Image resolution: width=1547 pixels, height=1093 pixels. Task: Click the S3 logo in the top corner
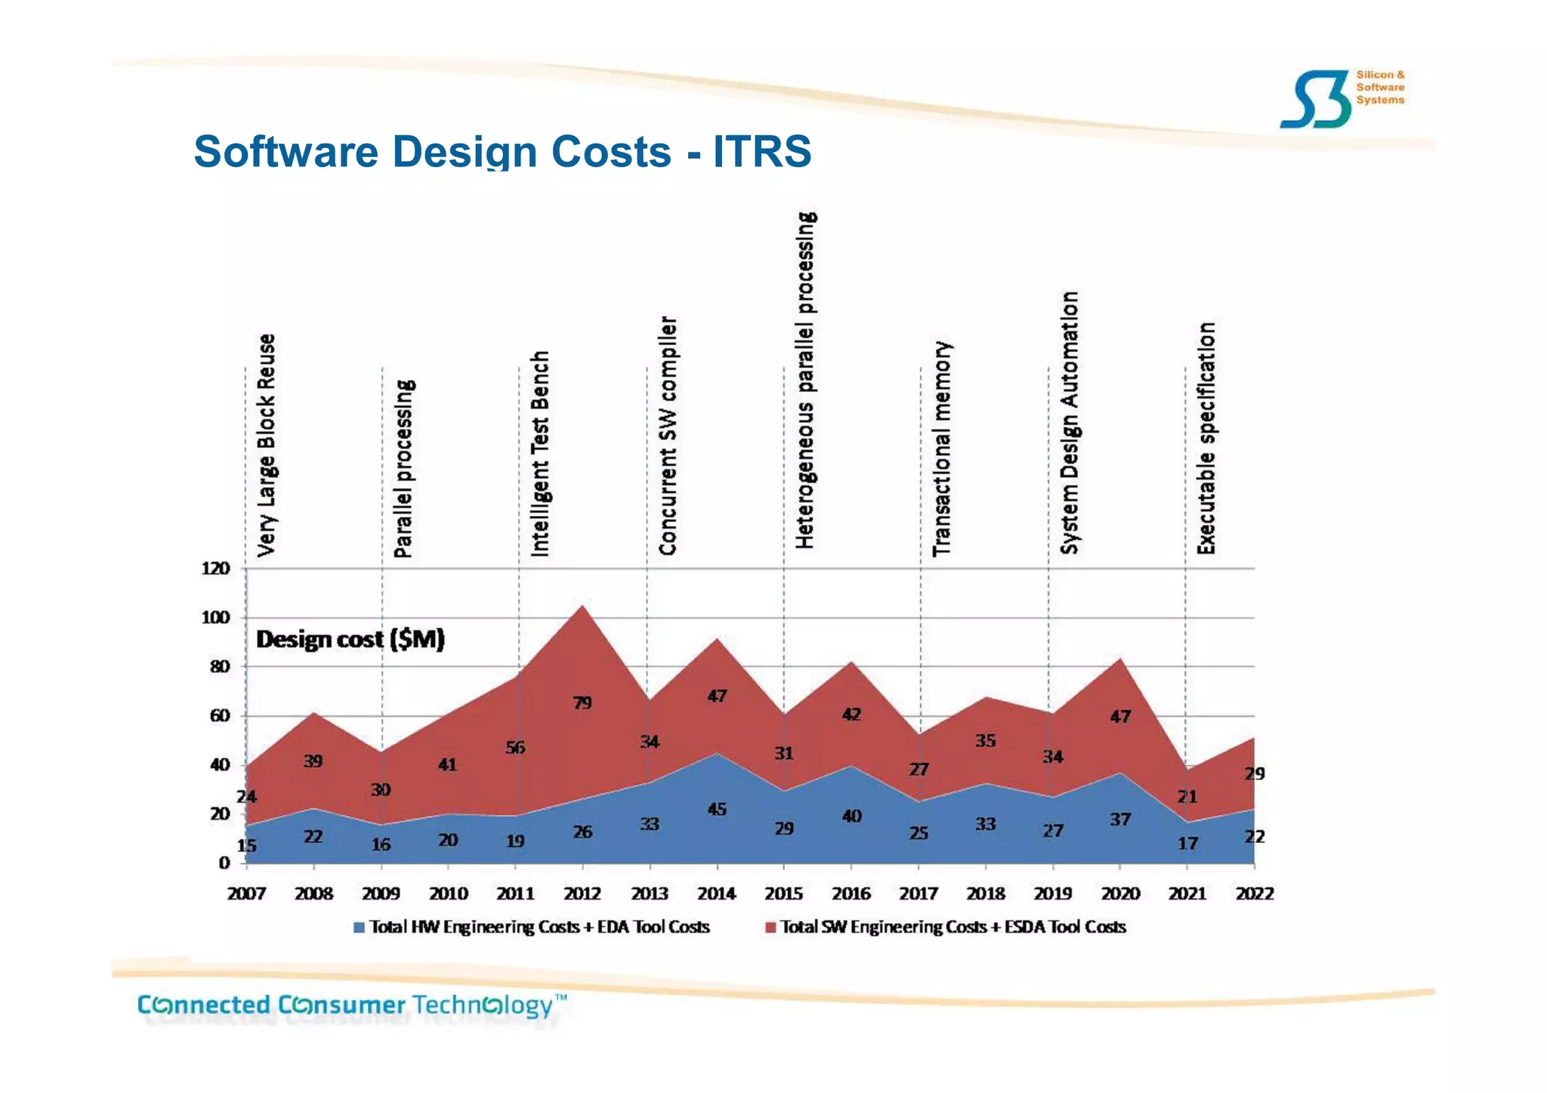(x=1315, y=100)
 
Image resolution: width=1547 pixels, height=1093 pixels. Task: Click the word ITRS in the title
(x=761, y=151)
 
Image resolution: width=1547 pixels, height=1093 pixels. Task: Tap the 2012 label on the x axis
(x=582, y=894)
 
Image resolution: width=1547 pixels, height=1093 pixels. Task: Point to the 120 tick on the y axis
(x=215, y=568)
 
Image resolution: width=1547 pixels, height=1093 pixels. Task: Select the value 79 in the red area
(x=582, y=703)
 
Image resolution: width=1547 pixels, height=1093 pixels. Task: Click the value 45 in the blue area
(x=716, y=809)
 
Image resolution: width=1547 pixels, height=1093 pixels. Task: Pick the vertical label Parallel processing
(x=403, y=468)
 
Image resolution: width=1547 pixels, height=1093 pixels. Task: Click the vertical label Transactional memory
(x=942, y=449)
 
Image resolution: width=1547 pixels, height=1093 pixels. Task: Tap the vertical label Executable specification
(x=1206, y=438)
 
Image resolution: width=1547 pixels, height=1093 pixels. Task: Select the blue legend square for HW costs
(x=359, y=927)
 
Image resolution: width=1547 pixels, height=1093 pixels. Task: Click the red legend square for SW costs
(x=770, y=927)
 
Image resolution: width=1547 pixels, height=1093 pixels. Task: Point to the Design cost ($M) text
(x=350, y=639)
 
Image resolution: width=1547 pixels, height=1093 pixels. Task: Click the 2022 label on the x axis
(x=1254, y=894)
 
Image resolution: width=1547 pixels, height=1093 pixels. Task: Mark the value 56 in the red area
(x=515, y=748)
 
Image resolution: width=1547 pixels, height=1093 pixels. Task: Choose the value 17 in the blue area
(x=1187, y=843)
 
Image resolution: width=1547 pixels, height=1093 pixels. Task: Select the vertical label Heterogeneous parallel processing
(x=805, y=380)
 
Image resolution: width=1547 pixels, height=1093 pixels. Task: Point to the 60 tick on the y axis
(x=219, y=715)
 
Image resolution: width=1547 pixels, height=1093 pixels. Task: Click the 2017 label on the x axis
(x=918, y=894)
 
